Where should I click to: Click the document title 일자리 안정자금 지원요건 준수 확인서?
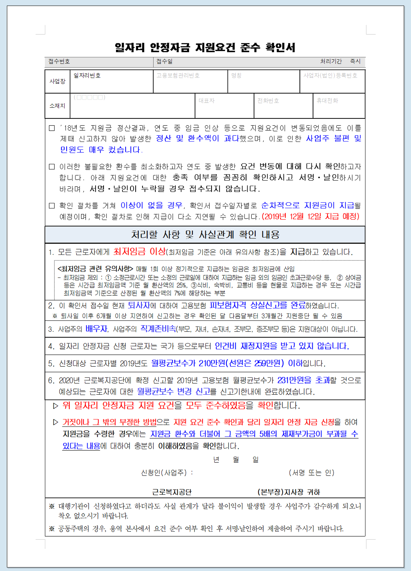pos(205,48)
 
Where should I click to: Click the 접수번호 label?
pos(59,61)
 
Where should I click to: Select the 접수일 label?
pos(164,61)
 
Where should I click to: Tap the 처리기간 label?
pos(331,61)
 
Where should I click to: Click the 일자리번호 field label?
pos(87,75)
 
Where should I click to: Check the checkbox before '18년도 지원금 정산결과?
pos(52,128)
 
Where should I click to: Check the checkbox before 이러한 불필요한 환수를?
pos(52,167)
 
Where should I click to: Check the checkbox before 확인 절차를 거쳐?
pos(52,206)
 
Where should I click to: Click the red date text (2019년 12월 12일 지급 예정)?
pos(311,216)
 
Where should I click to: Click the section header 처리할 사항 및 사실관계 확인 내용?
pos(205,235)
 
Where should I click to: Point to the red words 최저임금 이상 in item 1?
pos(139,252)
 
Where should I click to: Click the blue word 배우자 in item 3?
pos(96,329)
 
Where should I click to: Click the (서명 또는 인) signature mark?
pos(311,473)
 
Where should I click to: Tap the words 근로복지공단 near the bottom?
pos(171,492)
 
